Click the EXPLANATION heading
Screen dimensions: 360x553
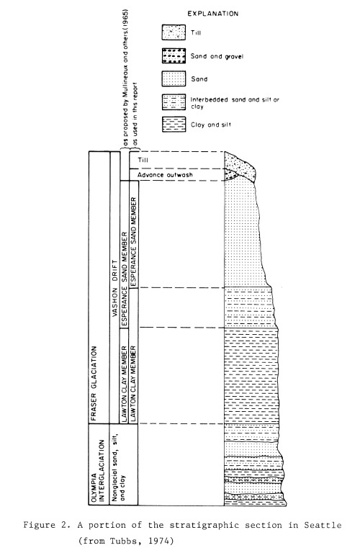[212, 14]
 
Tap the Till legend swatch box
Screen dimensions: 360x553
[174, 32]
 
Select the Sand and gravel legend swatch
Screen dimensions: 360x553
[174, 55]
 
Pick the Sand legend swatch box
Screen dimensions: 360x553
[174, 78]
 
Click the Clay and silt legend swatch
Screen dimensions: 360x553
[174, 125]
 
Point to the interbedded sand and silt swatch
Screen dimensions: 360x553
[174, 102]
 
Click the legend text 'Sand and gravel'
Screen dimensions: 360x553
[217, 56]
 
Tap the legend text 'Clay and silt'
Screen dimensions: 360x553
[211, 125]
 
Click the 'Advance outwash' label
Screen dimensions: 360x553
[165, 175]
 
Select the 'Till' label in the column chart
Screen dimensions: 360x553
[143, 160]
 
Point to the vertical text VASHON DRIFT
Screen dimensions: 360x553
[115, 289]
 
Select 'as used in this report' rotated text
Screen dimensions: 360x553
[135, 114]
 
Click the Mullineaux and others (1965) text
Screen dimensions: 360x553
[126, 77]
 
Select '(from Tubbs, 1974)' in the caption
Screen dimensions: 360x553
[126, 541]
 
